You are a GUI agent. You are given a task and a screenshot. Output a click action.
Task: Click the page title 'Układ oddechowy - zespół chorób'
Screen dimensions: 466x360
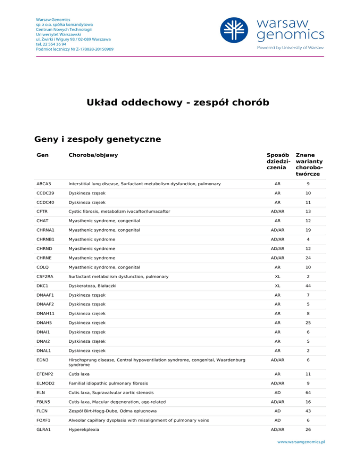coord(180,102)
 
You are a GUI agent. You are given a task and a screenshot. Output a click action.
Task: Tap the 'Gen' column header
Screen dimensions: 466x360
coord(41,155)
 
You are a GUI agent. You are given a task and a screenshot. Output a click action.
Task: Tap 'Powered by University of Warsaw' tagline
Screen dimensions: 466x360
coord(289,47)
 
